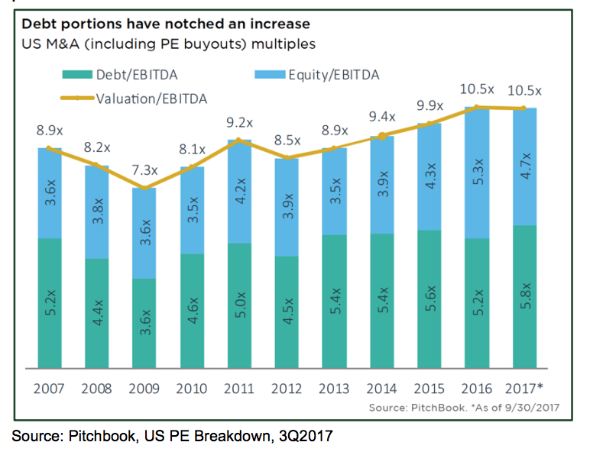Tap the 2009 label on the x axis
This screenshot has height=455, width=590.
coord(145,389)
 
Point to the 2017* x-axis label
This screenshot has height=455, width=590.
coord(525,389)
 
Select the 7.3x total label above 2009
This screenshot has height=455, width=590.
coord(145,169)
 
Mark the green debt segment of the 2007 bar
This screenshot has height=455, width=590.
coord(50,302)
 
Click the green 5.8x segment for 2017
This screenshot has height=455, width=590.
coord(524,296)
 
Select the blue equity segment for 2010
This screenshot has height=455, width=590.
coord(193,210)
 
